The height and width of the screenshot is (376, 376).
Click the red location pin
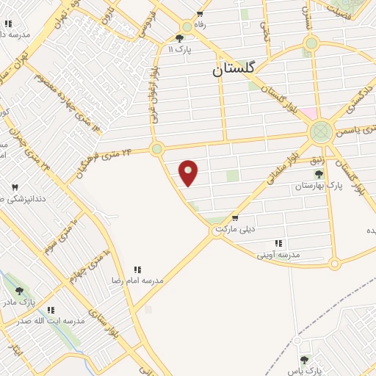pyautogui.click(x=189, y=173)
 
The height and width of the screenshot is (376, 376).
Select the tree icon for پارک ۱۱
pyautogui.click(x=180, y=37)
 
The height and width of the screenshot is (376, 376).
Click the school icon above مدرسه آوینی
pyautogui.click(x=278, y=243)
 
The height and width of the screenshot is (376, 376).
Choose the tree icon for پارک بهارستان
pyautogui.click(x=318, y=174)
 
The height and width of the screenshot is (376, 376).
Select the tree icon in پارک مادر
pyautogui.click(x=19, y=291)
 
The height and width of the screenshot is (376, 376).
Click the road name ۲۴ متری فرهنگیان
pyautogui.click(x=105, y=162)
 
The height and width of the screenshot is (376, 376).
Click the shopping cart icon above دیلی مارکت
pyautogui.click(x=234, y=218)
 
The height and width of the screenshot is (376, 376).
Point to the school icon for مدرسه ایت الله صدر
pyautogui.click(x=51, y=311)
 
